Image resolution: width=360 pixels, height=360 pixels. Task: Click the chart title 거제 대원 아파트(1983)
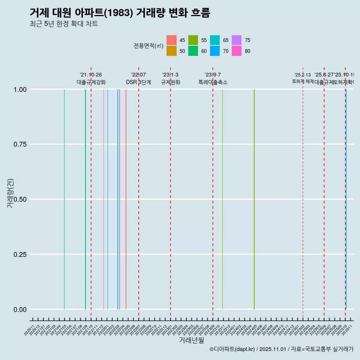coord(120,13)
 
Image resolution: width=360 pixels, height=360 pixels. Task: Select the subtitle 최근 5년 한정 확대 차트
coord(64,24)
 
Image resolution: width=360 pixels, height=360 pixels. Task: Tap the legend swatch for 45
coord(171,40)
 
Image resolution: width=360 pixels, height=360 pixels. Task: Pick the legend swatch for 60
coord(193,51)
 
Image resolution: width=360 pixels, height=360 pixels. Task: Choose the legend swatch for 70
coord(215,51)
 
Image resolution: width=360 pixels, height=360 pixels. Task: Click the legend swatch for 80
coord(237,51)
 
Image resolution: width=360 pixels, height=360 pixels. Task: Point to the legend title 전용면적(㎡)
coord(148,46)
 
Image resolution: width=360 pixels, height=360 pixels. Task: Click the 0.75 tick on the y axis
coord(19,144)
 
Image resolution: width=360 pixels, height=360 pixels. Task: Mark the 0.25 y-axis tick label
coord(19,254)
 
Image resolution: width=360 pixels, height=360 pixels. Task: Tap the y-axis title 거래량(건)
coord(10,193)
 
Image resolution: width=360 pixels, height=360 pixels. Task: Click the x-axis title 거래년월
coord(192,340)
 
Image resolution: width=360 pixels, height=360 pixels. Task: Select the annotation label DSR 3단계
coord(138,82)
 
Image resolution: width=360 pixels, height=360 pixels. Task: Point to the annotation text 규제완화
coord(171,82)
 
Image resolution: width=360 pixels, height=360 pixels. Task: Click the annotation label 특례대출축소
coord(213,82)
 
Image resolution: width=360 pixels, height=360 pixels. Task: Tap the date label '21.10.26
coord(91,75)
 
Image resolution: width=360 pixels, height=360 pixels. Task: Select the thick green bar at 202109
coord(85,199)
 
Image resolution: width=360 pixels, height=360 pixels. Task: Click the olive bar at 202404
coord(254,199)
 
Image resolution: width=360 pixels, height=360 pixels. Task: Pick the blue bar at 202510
coord(346,199)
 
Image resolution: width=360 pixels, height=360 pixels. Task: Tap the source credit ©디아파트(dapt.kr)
coord(232,349)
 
